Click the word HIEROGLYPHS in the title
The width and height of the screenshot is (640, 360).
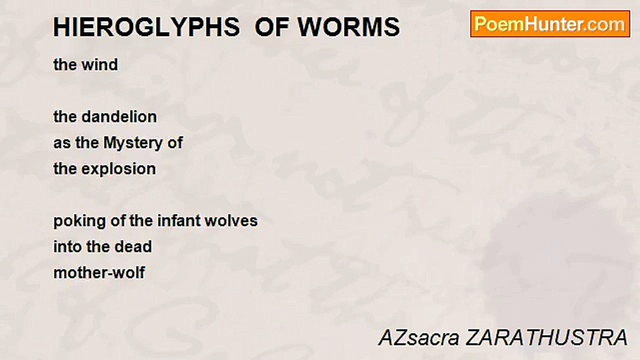point(146,27)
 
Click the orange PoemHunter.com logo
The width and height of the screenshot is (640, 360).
point(550,24)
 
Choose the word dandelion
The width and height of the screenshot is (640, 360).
point(119,117)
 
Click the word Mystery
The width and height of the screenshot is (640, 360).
point(133,143)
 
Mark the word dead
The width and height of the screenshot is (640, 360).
point(133,247)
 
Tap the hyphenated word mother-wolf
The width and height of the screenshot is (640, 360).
point(99,273)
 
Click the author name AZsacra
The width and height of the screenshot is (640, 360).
point(419,337)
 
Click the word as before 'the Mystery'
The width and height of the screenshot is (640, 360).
point(62,143)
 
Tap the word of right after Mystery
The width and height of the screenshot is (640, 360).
point(175,142)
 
